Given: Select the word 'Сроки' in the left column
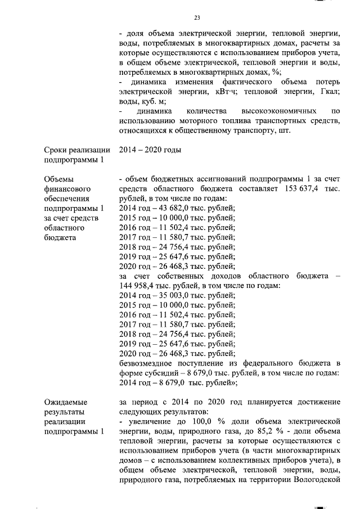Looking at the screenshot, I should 56,150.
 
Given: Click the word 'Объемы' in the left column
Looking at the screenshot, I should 59,179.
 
